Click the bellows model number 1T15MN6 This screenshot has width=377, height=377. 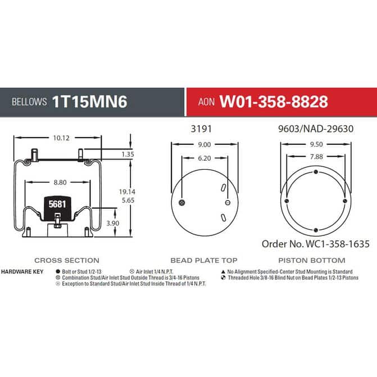tap(89, 102)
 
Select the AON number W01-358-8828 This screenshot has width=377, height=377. tap(274, 102)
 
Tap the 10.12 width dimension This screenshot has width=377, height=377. tap(61, 138)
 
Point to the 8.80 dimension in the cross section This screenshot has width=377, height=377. tap(60, 183)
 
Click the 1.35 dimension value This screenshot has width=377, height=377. tap(128, 155)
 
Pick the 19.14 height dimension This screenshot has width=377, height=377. tap(127, 192)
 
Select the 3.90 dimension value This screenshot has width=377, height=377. tap(113, 224)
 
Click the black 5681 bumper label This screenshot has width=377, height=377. tap(57, 204)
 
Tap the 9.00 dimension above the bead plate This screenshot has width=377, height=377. tap(204, 144)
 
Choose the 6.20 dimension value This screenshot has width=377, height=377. tap(205, 158)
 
